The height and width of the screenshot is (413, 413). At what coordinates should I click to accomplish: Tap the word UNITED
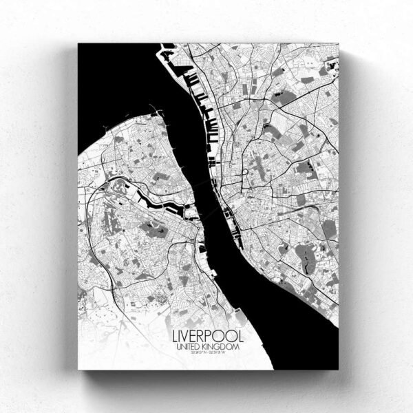point(188,349)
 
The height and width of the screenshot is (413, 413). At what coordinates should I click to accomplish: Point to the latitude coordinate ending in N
point(194,357)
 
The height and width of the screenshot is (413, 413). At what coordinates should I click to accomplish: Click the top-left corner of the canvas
point(78,43)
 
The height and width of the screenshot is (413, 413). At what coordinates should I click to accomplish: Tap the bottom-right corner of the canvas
point(339,370)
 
